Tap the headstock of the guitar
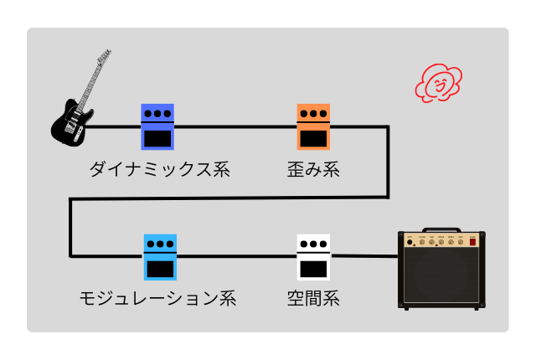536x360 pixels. (x=105, y=55)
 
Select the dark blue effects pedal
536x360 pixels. (x=157, y=126)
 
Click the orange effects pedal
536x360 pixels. (x=313, y=126)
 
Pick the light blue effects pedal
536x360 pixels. (x=160, y=257)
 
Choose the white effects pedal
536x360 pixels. (x=313, y=257)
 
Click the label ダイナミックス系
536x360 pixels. (x=160, y=169)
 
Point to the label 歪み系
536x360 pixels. (x=313, y=169)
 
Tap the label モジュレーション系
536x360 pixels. (x=158, y=298)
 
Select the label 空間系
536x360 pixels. (x=313, y=298)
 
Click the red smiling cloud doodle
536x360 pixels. (x=439, y=83)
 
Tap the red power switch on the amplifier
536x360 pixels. (x=472, y=242)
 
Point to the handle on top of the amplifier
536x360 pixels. (x=441, y=229)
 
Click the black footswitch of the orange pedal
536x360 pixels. (x=313, y=138)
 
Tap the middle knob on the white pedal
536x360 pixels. (x=313, y=244)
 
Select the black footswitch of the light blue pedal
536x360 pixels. (x=160, y=269)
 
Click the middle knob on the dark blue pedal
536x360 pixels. (x=157, y=113)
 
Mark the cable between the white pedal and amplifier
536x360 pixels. (x=364, y=256)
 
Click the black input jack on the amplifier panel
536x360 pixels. (x=410, y=242)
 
